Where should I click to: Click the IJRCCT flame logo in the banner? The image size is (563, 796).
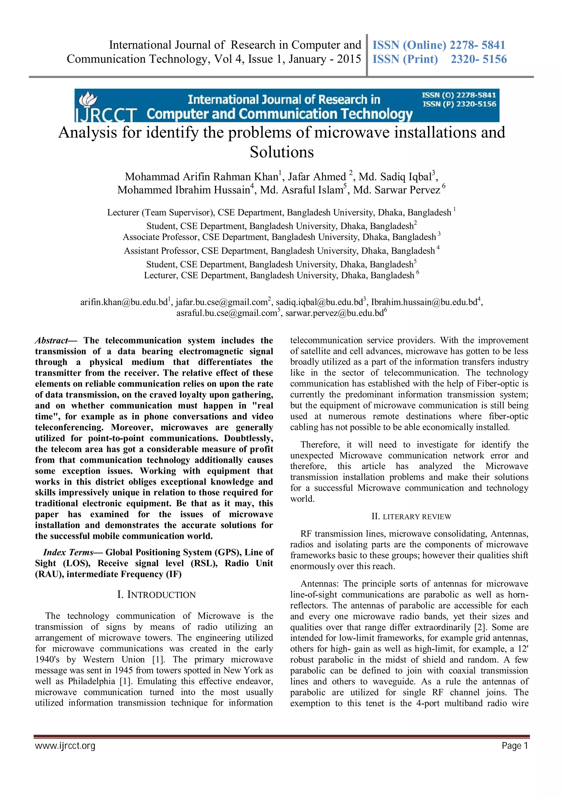point(87,99)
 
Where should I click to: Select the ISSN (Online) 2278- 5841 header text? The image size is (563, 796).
point(438,45)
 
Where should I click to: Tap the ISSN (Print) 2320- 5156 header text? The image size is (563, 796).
point(439,59)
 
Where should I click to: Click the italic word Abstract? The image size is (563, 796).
point(51,340)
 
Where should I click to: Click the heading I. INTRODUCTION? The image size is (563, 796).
point(156,595)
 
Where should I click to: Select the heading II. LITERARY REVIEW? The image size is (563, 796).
point(411,517)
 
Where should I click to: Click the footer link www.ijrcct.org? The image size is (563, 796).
point(65,745)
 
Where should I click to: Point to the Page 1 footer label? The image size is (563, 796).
point(514,745)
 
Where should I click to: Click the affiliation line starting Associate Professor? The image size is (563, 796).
point(279,237)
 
